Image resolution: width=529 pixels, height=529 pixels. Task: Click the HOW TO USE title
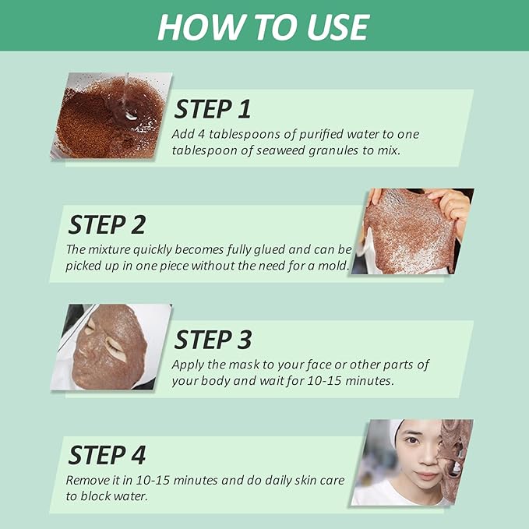[263, 26]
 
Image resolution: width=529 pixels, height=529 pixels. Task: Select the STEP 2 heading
[107, 224]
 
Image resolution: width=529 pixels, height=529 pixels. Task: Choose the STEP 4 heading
[107, 455]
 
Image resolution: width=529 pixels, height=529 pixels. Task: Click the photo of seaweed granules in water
[110, 116]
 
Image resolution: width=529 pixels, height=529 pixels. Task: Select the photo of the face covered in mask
[110, 347]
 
